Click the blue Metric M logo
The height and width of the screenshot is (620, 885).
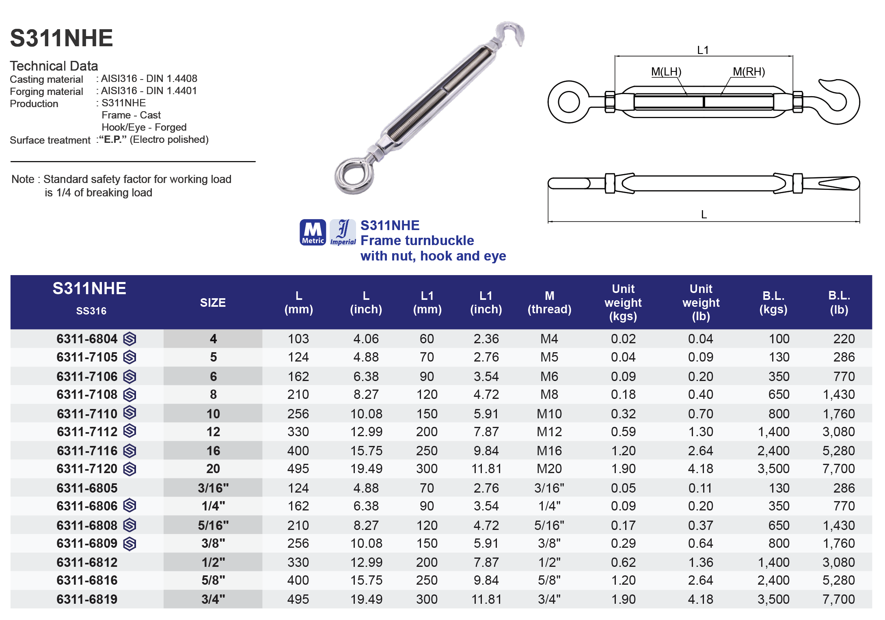[313, 232]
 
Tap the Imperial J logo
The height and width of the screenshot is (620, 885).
[343, 232]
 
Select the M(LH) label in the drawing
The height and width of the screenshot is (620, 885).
[666, 72]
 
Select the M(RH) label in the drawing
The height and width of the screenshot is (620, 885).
[749, 72]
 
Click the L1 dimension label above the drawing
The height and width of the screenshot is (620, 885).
[703, 50]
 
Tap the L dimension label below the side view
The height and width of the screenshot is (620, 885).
[704, 214]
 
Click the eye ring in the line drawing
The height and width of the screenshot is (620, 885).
[568, 102]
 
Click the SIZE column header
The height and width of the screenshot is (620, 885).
[213, 303]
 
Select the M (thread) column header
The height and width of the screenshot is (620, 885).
[549, 303]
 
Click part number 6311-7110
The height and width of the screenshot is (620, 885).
[87, 413]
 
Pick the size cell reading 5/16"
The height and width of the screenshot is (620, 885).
[213, 525]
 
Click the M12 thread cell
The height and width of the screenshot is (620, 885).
[549, 432]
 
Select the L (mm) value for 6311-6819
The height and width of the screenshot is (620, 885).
[298, 599]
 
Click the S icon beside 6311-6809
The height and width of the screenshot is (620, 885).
[130, 544]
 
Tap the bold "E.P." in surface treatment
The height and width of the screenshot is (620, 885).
[113, 140]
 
